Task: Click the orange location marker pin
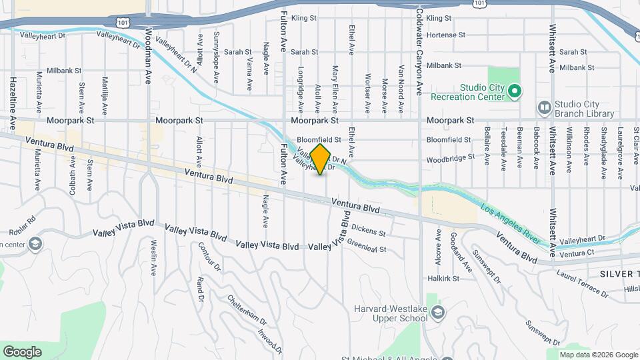[x=321, y=159]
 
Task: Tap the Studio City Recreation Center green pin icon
[x=514, y=91]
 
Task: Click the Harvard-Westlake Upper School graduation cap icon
[x=437, y=313]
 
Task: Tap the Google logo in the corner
[x=22, y=352]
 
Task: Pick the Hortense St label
[x=445, y=35]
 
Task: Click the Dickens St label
[x=369, y=230]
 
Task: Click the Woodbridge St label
[x=451, y=158]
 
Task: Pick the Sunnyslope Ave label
[x=216, y=57]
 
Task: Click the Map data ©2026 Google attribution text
[x=598, y=355]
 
